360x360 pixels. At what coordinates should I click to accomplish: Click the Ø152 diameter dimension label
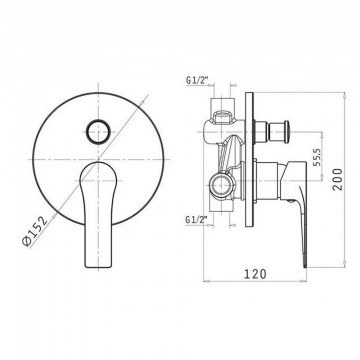click(x=35, y=231)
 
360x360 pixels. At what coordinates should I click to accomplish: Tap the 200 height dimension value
click(x=338, y=179)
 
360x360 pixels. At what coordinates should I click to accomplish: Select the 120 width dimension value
click(x=256, y=274)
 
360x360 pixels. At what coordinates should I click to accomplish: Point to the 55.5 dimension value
click(x=317, y=156)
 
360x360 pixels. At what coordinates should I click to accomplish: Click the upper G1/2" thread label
click(x=197, y=80)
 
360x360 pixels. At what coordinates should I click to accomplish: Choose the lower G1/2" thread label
click(x=197, y=219)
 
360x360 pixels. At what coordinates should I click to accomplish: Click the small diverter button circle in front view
click(x=98, y=132)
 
